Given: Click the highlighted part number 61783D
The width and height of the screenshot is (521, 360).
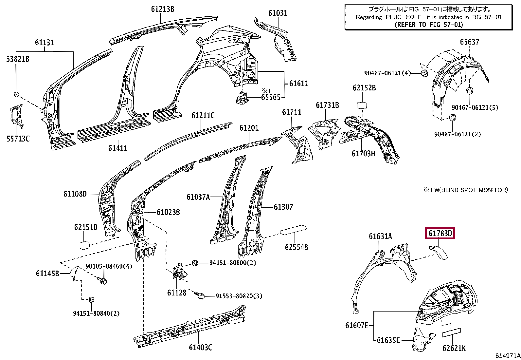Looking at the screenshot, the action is point(440,233).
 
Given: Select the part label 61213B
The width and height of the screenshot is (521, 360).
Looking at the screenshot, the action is point(163,9).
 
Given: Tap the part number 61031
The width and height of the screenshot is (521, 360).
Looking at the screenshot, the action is point(278,13).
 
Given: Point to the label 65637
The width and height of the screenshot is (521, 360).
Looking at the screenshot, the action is point(470,42).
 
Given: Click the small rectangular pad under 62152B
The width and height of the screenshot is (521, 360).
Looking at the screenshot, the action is point(362,105).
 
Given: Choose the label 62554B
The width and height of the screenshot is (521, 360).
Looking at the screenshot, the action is point(296,247).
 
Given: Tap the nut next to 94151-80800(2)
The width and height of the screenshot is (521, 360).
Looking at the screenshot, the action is point(195,263).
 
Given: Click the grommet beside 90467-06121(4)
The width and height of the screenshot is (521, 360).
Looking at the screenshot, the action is point(425,73).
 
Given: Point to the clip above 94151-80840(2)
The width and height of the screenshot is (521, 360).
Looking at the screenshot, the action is point(92,299).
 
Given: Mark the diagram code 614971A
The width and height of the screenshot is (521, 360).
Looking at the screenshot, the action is point(508,355).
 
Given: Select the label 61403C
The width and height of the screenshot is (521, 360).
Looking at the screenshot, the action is point(200,347).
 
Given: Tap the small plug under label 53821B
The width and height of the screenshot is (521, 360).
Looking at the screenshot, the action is point(16,95).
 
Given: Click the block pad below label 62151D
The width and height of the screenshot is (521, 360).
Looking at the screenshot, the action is point(85,245).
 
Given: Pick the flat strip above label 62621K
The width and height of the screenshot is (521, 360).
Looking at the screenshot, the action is point(451,333).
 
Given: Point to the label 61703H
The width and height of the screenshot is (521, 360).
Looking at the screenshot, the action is point(363,153).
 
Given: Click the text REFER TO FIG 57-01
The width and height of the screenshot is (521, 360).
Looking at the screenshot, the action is point(429,25).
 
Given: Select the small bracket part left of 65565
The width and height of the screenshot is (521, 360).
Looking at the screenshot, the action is point(242,98).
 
